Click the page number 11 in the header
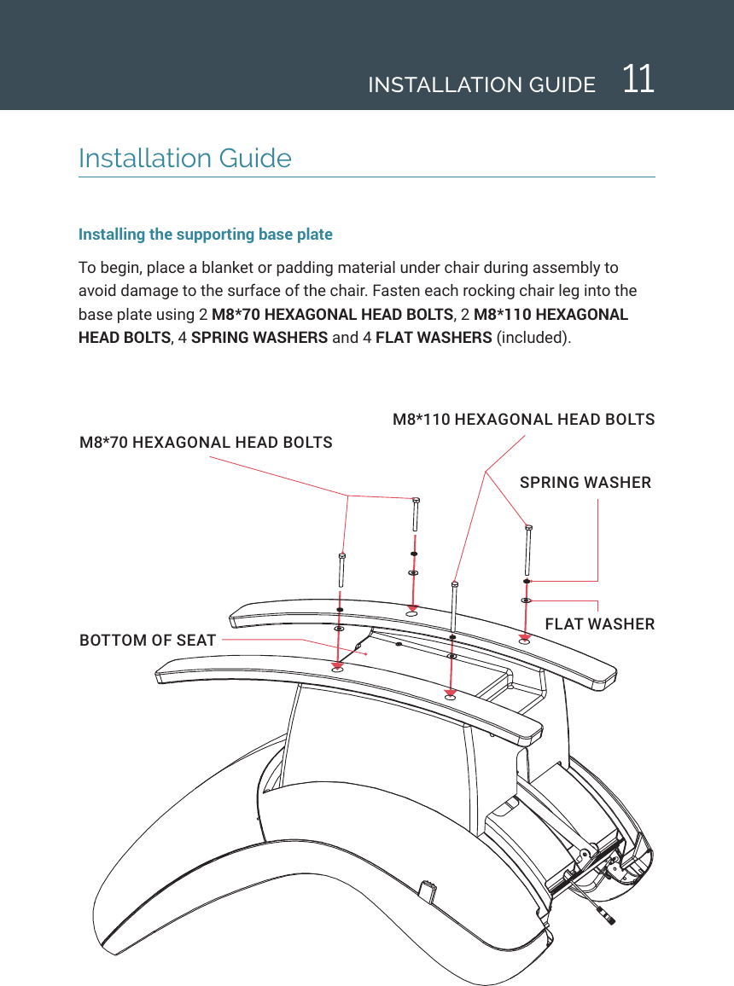pyautogui.click(x=638, y=80)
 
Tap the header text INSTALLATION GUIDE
pyautogui.click(x=481, y=85)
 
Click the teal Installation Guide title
pyautogui.click(x=184, y=159)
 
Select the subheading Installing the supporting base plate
pyautogui.click(x=205, y=235)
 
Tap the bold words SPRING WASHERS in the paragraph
pyautogui.click(x=259, y=337)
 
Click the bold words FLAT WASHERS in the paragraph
pyautogui.click(x=433, y=337)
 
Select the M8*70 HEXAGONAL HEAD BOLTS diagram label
pyautogui.click(x=206, y=443)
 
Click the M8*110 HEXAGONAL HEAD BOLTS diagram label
pyautogui.click(x=523, y=420)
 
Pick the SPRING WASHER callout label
pyautogui.click(x=585, y=483)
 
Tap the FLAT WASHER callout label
pyautogui.click(x=599, y=624)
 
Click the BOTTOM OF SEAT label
pyautogui.click(x=147, y=640)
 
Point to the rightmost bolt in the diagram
pyautogui.click(x=528, y=550)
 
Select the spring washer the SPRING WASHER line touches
pyautogui.click(x=527, y=582)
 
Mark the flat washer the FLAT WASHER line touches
pyautogui.click(x=527, y=600)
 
